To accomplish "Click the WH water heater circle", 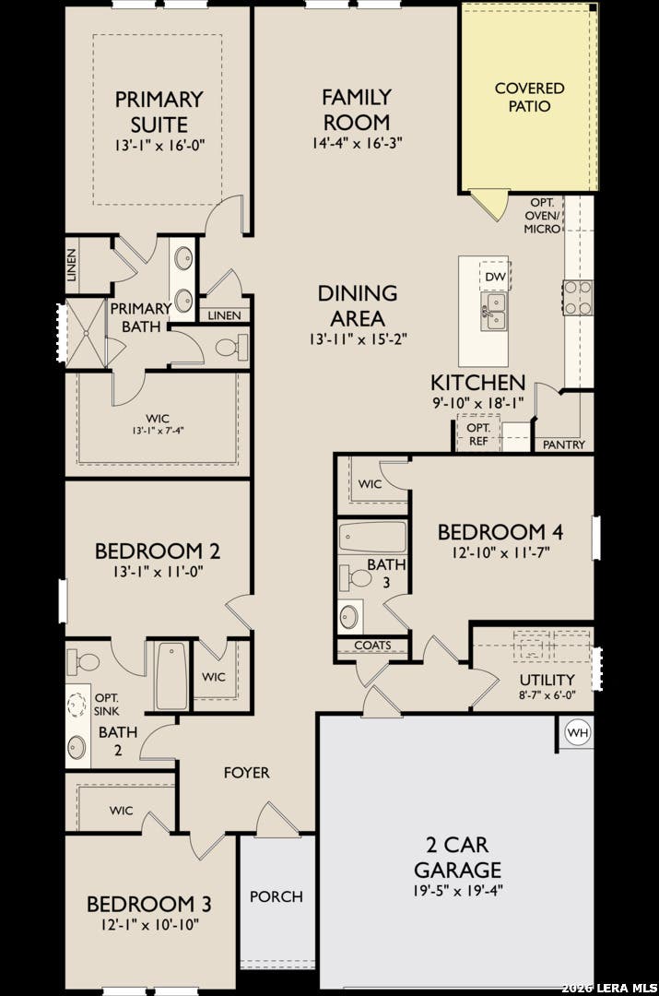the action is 578,732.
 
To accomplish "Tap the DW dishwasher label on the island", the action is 495,277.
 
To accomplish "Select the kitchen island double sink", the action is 493,312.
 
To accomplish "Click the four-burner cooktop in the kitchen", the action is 578,297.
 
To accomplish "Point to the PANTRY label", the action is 564,445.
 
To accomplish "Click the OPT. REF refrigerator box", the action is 478,433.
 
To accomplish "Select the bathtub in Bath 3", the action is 372,538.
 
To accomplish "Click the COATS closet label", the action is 372,646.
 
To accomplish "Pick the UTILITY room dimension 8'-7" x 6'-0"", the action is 547,695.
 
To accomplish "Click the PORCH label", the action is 277,896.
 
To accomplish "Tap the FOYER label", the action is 246,773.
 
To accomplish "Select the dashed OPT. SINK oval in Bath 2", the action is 77,705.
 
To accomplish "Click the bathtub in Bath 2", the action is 172,675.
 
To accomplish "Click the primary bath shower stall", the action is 86,333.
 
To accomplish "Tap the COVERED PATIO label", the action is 529,97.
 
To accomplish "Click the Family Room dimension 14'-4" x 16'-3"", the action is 357,143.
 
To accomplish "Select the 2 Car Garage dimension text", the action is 457,890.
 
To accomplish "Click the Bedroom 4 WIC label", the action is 371,484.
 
